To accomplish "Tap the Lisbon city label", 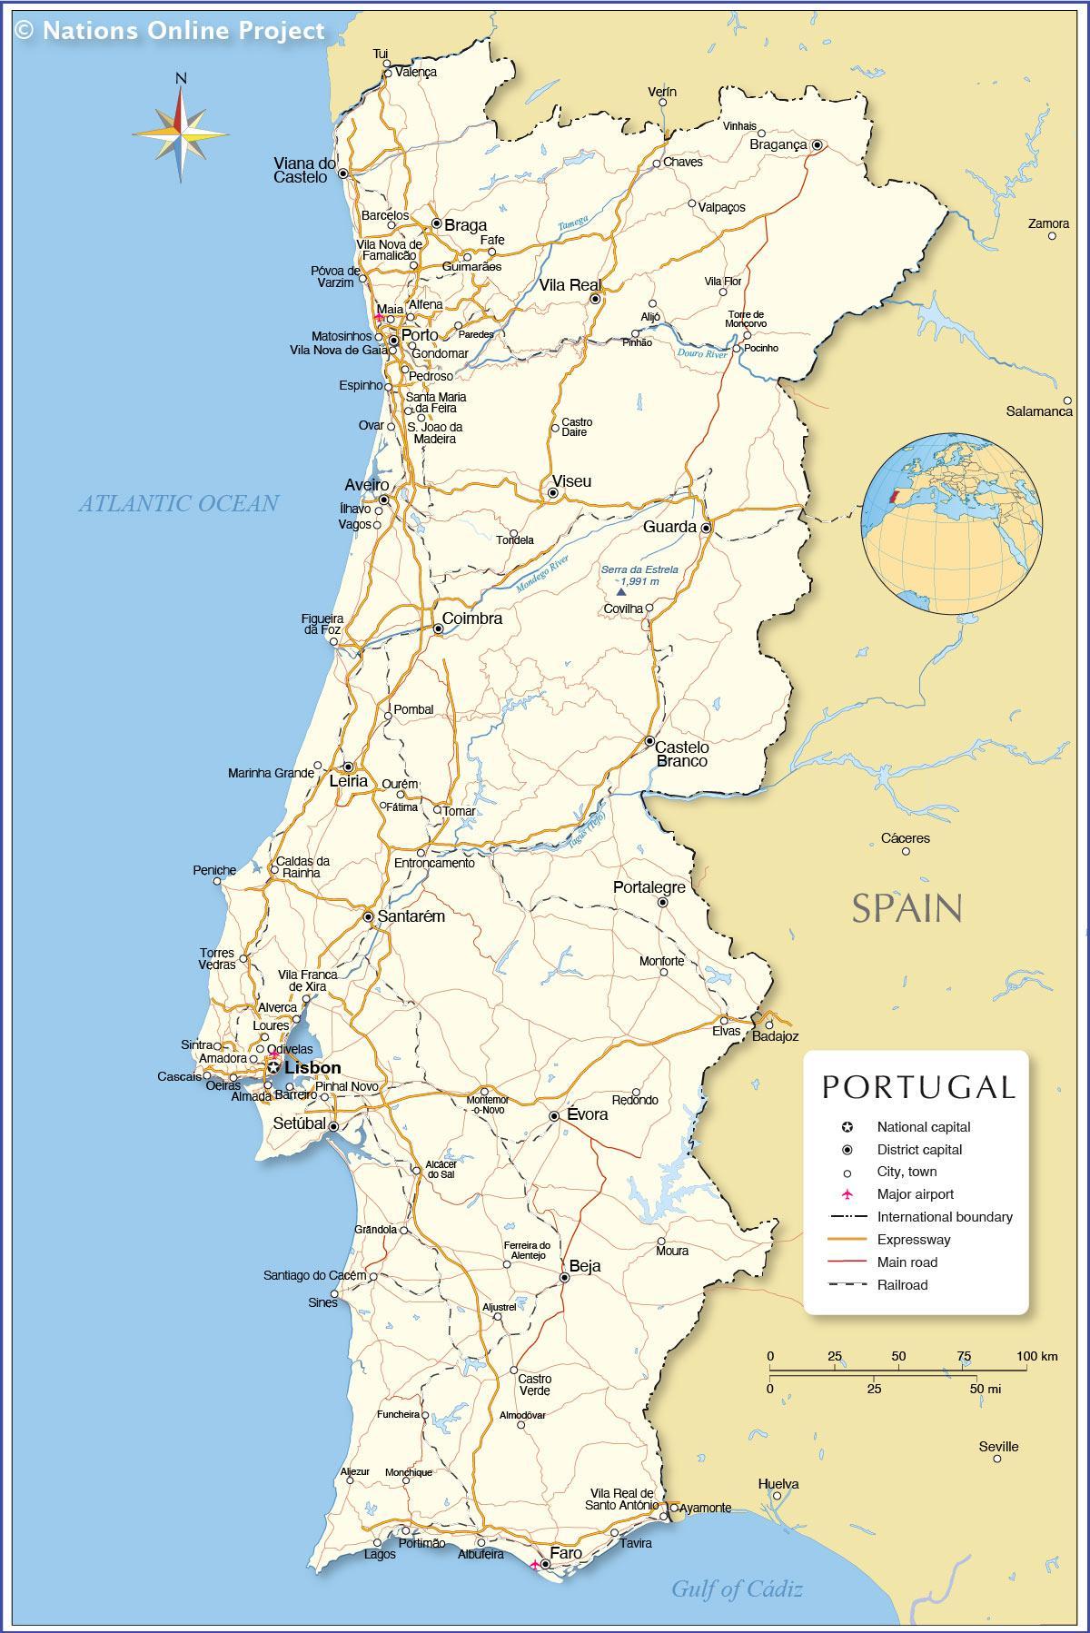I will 312,1068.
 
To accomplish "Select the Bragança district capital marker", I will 817,144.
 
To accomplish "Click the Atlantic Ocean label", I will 178,503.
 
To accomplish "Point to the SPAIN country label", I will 906,907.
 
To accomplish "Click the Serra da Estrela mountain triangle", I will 621,591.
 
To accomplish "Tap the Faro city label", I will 566,1553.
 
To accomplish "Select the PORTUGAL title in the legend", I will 918,1087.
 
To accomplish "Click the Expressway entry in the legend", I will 913,1239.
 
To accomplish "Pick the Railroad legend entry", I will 902,1284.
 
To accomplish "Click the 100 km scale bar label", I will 1036,1356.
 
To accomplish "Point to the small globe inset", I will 951,524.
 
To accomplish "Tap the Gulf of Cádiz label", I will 737,1588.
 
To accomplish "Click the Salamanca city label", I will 1039,411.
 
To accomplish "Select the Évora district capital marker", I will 554,1116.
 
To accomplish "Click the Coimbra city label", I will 472,619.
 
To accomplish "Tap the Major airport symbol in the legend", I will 847,1194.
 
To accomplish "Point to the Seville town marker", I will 996,1459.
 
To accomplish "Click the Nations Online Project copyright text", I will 170,30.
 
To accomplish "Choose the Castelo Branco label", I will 681,754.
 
